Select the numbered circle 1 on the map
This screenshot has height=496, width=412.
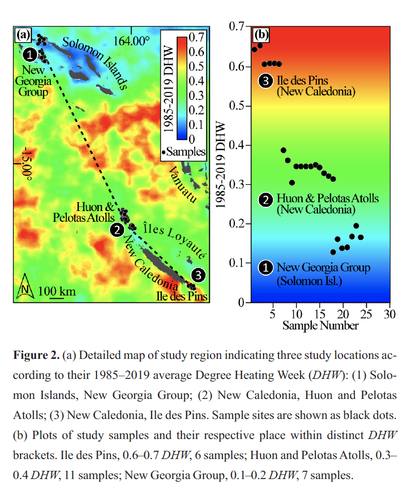pyautogui.click(x=31, y=52)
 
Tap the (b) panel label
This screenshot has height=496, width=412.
pyautogui.click(x=261, y=35)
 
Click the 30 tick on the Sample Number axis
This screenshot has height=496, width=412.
pyautogui.click(x=389, y=314)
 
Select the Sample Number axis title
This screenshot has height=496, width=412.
pyautogui.click(x=320, y=326)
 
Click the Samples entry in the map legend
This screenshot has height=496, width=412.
pyautogui.click(x=184, y=151)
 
